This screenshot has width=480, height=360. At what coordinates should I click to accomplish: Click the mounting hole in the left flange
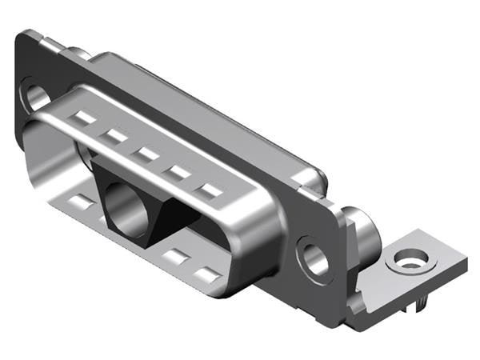(x=35, y=98)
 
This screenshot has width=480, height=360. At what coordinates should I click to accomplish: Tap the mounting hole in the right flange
(x=314, y=258)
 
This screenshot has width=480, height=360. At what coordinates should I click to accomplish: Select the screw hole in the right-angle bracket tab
(x=412, y=259)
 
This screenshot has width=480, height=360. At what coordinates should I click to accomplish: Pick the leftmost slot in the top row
(x=84, y=118)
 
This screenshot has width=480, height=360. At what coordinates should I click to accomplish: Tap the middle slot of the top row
(x=146, y=153)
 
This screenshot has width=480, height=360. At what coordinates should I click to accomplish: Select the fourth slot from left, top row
(x=178, y=171)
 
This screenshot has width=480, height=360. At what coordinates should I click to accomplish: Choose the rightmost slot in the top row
(x=211, y=190)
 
